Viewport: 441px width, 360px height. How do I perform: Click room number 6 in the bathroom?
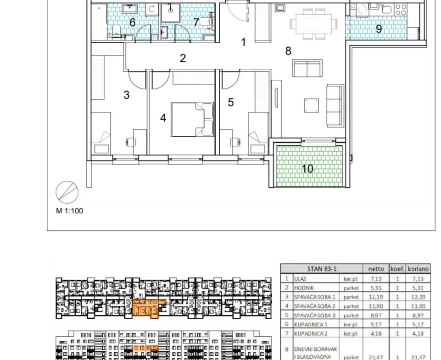click(x=133, y=22)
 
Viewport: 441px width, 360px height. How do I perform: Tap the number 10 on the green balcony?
click(x=307, y=169)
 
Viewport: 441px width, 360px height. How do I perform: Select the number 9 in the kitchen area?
click(x=379, y=28)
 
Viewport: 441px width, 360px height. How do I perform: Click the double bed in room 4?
click(x=192, y=119)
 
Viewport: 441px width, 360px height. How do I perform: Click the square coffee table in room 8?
click(x=311, y=105)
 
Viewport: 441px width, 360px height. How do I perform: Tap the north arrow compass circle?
click(x=67, y=192)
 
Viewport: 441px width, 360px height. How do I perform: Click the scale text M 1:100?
click(x=69, y=211)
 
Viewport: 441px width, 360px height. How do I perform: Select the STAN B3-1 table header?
click(x=322, y=269)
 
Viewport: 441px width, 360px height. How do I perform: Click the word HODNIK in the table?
click(x=304, y=288)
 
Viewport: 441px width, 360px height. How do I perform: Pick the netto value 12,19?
click(x=376, y=297)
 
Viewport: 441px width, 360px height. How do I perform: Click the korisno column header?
click(x=418, y=269)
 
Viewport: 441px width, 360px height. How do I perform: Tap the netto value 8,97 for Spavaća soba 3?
click(x=376, y=316)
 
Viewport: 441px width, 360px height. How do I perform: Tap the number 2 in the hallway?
click(x=183, y=58)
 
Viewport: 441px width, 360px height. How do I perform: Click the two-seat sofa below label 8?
click(x=307, y=68)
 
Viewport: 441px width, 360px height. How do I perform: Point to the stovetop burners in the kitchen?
click(x=401, y=9)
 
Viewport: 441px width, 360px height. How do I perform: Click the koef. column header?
click(x=397, y=269)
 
